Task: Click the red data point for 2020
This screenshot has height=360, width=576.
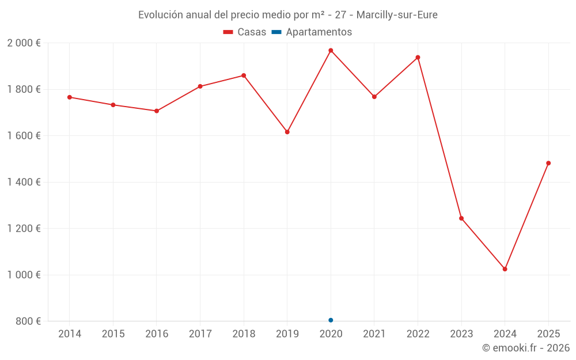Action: tap(331, 51)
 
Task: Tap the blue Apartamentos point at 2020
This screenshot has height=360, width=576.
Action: tap(331, 320)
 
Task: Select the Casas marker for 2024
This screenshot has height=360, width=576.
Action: tap(505, 269)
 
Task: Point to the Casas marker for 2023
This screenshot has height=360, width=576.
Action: tap(461, 218)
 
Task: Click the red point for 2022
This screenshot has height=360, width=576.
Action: tap(418, 58)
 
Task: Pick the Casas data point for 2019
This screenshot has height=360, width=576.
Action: tap(287, 132)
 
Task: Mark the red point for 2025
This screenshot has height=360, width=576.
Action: tap(548, 163)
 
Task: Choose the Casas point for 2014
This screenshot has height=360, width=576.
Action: tap(70, 97)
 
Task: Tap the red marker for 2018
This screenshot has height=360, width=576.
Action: tap(244, 75)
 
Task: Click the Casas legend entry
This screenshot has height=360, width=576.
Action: tap(245, 32)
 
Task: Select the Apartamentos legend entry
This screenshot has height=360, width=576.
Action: tap(312, 32)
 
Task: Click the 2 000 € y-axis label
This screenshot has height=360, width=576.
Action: tap(24, 43)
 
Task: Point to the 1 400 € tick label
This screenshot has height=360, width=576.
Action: tap(24, 182)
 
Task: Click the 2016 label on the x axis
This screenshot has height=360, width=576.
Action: tap(157, 334)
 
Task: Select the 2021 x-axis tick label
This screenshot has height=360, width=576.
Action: tap(374, 334)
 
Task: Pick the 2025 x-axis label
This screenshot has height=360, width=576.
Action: tap(548, 334)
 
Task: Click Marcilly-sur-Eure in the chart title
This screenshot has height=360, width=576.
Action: tap(397, 15)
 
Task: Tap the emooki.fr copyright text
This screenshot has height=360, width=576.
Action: tap(526, 348)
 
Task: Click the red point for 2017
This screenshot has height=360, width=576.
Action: tap(200, 86)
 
